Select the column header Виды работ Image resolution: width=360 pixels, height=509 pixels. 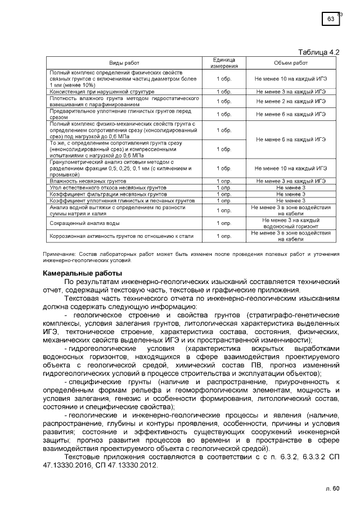[x=124, y=63]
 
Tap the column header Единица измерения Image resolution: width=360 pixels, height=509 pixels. [x=224, y=63]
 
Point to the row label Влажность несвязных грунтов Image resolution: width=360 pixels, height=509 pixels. [x=88, y=181]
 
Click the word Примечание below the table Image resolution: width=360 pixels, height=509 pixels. [x=58, y=255]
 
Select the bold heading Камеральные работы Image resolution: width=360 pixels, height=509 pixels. [x=78, y=273]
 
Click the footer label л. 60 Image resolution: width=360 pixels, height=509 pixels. [x=332, y=488]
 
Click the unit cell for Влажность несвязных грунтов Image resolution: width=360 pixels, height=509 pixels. [x=224, y=181]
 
